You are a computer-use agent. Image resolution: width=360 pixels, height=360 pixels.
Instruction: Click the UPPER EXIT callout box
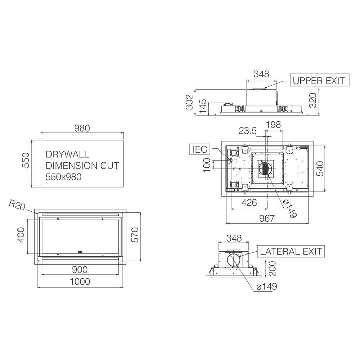coord(319,80)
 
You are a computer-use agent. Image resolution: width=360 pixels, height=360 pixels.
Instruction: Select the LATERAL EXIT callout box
coord(291,251)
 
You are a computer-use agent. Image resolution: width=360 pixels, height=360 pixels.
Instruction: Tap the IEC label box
coord(199,149)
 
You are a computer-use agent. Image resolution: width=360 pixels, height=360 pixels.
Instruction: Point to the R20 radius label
coord(17,205)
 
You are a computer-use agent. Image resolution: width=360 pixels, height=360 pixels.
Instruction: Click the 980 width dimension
coord(82,129)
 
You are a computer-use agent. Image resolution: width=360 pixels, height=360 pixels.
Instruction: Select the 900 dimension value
coord(80,270)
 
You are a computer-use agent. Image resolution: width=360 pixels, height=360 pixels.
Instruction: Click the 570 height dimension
coord(135,235)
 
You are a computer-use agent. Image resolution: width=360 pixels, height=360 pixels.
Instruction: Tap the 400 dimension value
coord(21,235)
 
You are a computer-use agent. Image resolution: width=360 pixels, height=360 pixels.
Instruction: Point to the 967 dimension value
coord(267,219)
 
